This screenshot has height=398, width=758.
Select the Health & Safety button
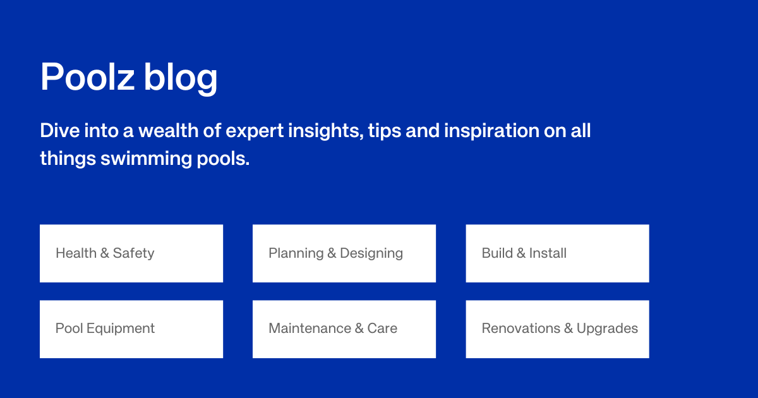click(x=131, y=253)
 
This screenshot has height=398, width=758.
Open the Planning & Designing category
click(x=344, y=253)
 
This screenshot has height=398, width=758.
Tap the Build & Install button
click(x=557, y=253)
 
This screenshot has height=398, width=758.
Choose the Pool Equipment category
click(x=131, y=329)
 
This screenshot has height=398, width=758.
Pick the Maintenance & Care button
click(x=344, y=329)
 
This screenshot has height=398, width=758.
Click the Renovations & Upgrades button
click(x=557, y=329)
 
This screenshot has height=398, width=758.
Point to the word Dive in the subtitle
click(x=57, y=131)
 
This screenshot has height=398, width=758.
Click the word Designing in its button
click(x=371, y=253)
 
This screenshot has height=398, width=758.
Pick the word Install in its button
click(x=548, y=253)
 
